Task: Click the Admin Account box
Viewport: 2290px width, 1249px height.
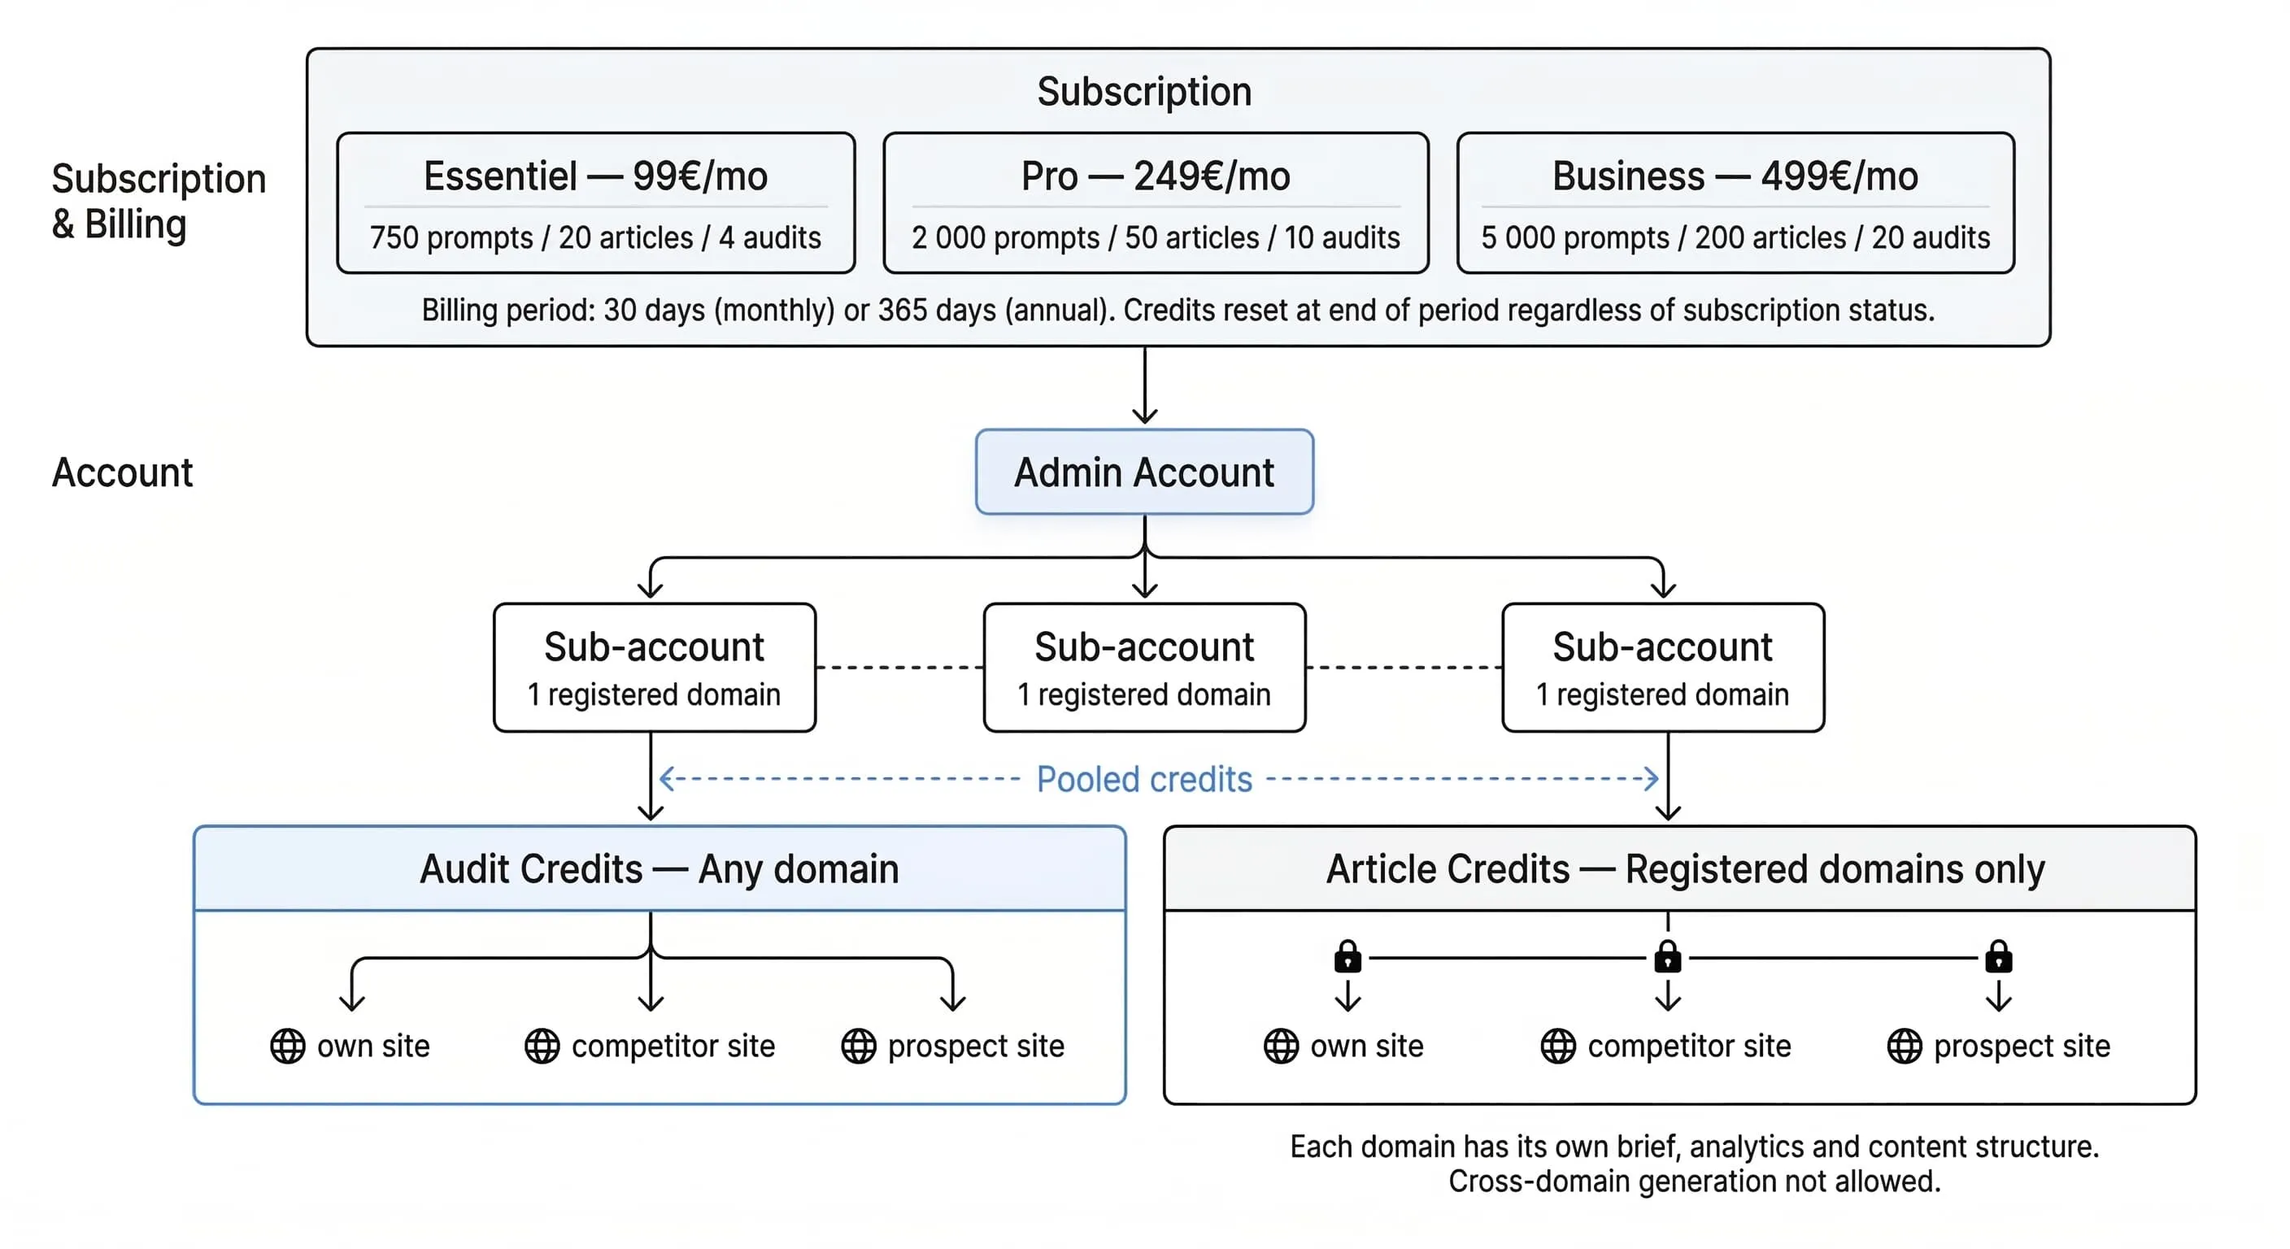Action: click(x=1144, y=472)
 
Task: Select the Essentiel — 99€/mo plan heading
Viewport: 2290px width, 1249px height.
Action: click(x=594, y=176)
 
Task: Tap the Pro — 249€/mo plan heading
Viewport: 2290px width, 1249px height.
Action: click(x=1155, y=176)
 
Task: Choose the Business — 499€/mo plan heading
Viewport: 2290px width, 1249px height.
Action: click(x=1735, y=176)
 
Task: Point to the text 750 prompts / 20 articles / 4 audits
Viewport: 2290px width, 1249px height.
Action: click(x=594, y=237)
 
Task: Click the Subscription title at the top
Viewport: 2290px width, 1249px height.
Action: click(x=1144, y=92)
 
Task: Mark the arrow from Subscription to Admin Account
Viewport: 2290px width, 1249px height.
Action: click(x=1144, y=387)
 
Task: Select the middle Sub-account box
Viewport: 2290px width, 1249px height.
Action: click(x=1144, y=668)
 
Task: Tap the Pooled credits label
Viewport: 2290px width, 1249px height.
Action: click(x=1144, y=780)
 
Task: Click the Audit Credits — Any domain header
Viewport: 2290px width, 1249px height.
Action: click(x=659, y=868)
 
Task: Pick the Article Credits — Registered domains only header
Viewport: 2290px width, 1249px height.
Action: click(x=1685, y=868)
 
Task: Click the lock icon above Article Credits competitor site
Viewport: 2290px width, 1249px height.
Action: click(x=1668, y=957)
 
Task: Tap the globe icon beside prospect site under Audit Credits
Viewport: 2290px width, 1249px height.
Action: click(x=859, y=1047)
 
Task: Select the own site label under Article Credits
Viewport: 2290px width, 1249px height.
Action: click(x=1366, y=1047)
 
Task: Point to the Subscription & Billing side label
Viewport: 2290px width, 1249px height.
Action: click(x=159, y=201)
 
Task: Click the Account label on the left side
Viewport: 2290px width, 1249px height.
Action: click(x=122, y=472)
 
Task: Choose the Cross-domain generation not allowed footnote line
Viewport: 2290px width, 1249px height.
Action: click(x=1693, y=1182)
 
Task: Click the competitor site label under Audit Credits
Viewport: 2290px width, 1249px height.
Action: click(x=673, y=1047)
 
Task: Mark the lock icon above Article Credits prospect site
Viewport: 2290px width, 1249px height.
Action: click(x=1998, y=957)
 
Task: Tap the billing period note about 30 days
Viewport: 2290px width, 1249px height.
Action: click(x=1177, y=311)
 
